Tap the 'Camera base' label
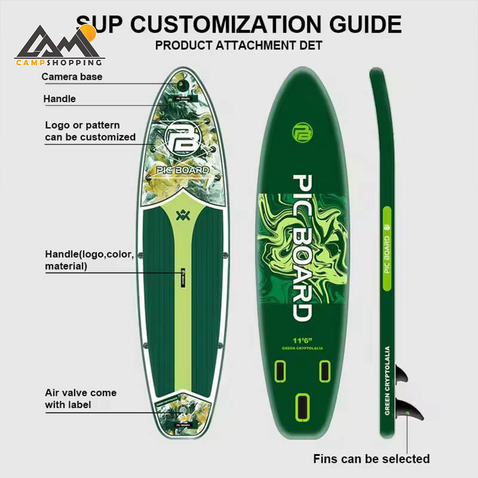72,77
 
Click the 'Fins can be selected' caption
371,458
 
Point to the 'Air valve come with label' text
81,399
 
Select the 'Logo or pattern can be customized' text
90,131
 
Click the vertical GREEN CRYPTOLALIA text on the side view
387,380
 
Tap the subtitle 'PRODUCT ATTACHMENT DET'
239,46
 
